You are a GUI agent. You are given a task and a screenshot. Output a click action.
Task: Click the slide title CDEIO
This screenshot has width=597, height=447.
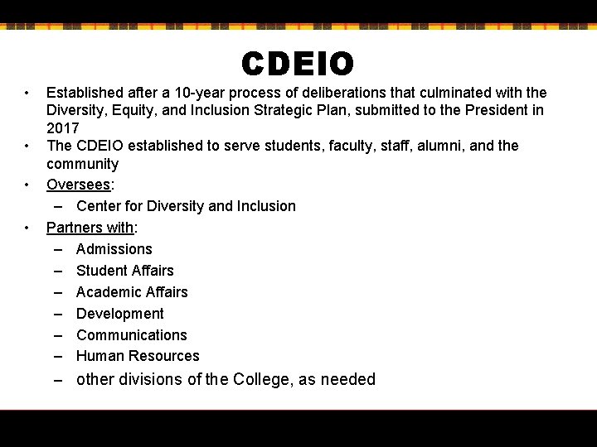[x=298, y=64]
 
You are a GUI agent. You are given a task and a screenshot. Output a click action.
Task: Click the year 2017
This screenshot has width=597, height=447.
[x=62, y=128]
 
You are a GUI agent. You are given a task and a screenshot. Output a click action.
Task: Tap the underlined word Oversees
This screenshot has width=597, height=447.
[x=77, y=185]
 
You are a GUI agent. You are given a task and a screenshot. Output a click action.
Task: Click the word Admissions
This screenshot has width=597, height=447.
[x=114, y=249]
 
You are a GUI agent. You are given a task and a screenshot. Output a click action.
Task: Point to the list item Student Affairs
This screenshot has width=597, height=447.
[x=124, y=271]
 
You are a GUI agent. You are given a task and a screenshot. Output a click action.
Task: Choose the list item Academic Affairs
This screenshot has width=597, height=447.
[x=132, y=292]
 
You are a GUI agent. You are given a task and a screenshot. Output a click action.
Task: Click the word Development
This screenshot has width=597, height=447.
[x=119, y=314]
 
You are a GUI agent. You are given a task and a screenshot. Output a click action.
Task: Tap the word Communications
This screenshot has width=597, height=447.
[x=131, y=335]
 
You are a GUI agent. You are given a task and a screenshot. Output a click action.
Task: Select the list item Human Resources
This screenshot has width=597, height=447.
[x=138, y=356]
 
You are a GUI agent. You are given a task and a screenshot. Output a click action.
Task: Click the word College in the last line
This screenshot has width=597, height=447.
[x=261, y=380]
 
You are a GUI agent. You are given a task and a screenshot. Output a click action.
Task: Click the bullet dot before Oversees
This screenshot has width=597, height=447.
[x=27, y=185]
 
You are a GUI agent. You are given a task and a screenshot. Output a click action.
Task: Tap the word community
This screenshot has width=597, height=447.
[x=82, y=164]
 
